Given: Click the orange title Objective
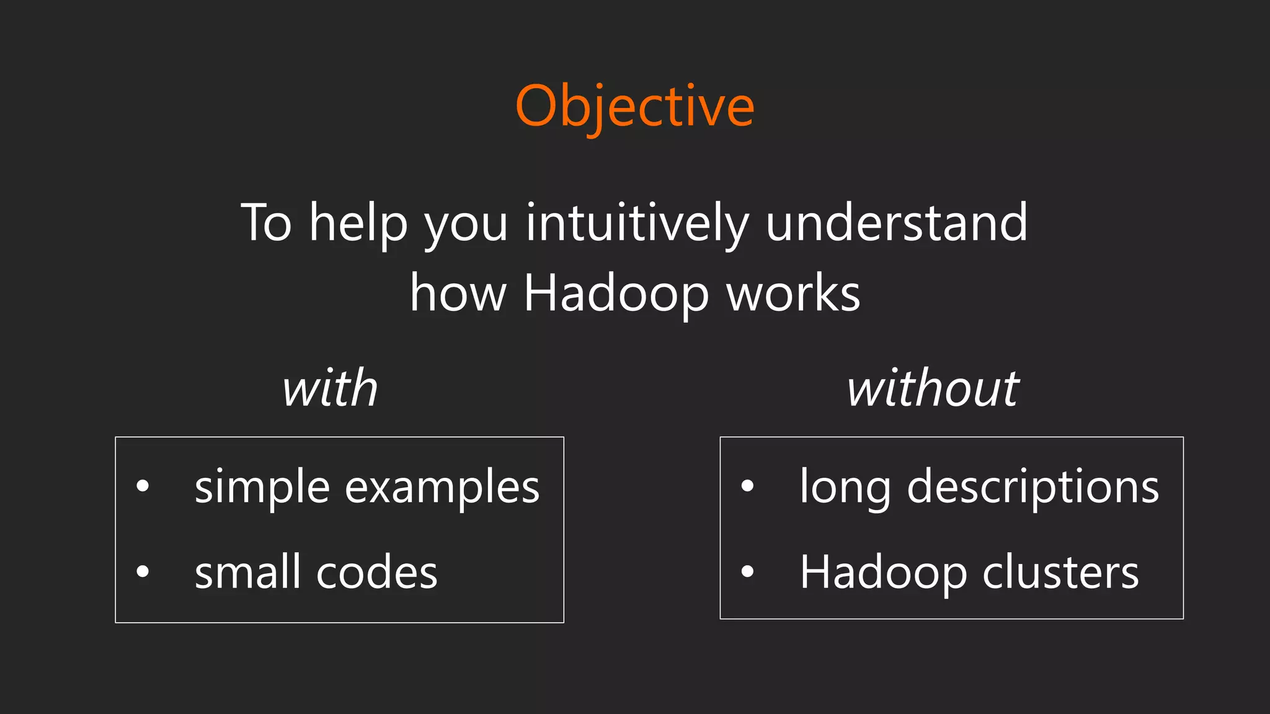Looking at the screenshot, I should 634,107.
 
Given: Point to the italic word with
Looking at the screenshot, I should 330,389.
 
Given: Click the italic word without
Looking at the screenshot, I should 933,389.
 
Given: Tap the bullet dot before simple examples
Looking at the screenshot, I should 143,486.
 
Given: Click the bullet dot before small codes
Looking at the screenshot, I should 143,571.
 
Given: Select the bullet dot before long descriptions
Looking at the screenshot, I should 747,486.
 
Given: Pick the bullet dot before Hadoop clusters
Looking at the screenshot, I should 747,571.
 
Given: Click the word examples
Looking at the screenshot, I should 442,487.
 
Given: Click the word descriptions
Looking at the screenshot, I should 1032,487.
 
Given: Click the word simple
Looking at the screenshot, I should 262,487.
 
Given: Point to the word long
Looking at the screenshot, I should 845,487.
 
